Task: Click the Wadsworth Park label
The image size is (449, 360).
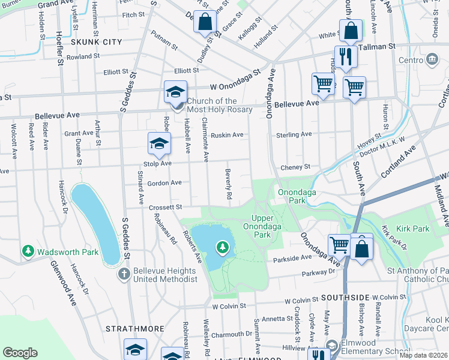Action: tap(67, 252)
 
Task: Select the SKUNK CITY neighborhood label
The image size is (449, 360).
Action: tap(96, 42)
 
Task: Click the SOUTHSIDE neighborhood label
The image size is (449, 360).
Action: tap(344, 298)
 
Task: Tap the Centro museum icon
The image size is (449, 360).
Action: tap(432, 59)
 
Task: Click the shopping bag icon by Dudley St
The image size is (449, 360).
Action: tap(205, 22)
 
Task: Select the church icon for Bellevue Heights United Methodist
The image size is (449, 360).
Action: tap(124, 274)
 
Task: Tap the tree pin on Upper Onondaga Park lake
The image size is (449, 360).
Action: tap(223, 247)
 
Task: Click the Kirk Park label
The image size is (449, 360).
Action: tap(413, 229)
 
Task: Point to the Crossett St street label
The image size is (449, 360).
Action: tap(166, 207)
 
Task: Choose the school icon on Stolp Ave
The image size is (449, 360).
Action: tap(159, 143)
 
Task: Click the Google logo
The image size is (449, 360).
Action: tap(20, 353)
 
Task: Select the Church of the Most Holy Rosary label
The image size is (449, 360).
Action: tap(212, 105)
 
